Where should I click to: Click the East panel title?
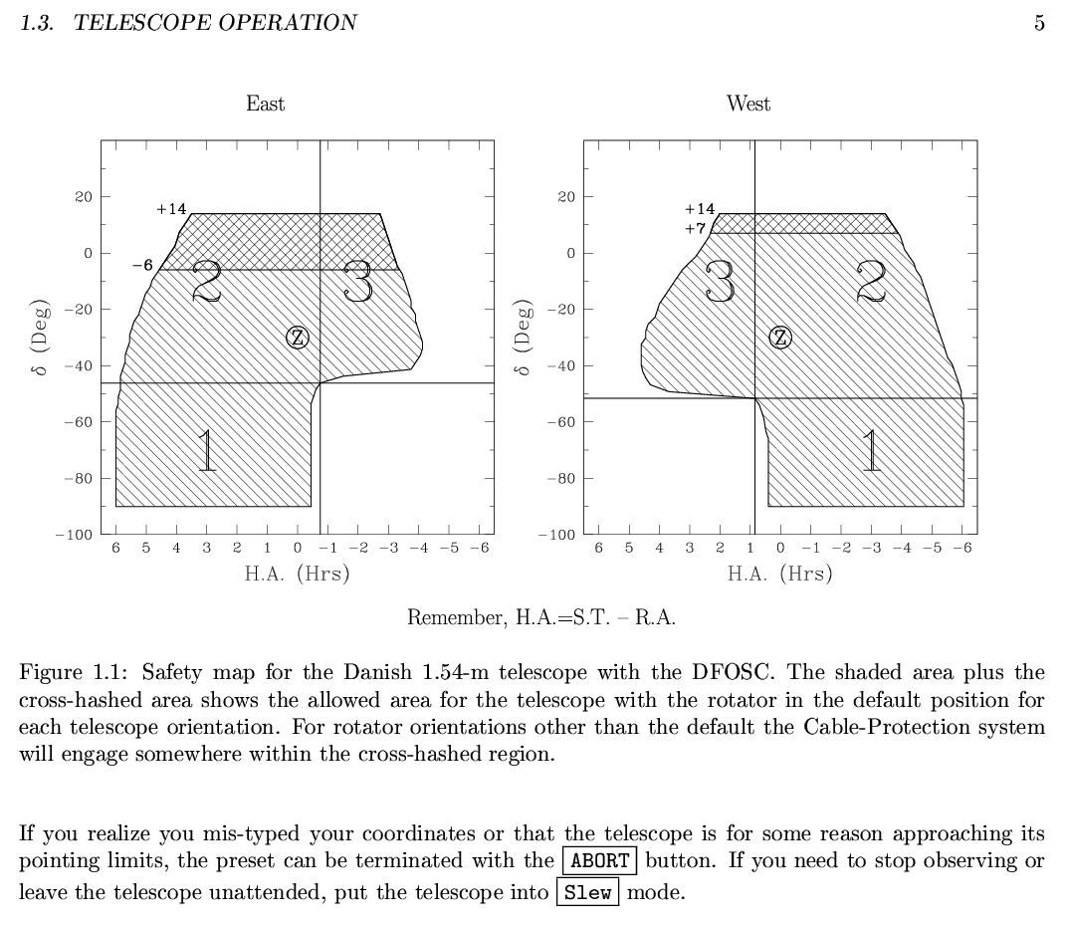pyautogui.click(x=265, y=104)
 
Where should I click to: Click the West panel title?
pyautogui.click(x=747, y=104)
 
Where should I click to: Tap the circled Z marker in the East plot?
pyautogui.click(x=297, y=338)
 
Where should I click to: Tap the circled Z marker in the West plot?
pyautogui.click(x=779, y=338)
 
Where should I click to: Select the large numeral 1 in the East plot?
pyautogui.click(x=207, y=450)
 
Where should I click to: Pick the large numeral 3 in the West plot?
pyautogui.click(x=720, y=282)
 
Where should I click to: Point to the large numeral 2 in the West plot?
pyautogui.click(x=871, y=282)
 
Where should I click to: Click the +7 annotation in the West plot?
pyautogui.click(x=695, y=228)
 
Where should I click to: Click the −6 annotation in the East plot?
pyautogui.click(x=142, y=265)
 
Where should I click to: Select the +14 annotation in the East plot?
pyautogui.click(x=171, y=209)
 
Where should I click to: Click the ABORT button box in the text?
pyautogui.click(x=599, y=860)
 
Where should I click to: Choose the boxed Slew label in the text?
pyautogui.click(x=587, y=892)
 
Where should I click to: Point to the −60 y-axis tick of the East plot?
pyautogui.click(x=78, y=422)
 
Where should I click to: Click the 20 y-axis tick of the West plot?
pyautogui.click(x=566, y=197)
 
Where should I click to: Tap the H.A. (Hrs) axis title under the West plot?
pyautogui.click(x=779, y=574)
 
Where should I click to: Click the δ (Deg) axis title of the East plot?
pyautogui.click(x=42, y=338)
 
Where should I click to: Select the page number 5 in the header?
pyautogui.click(x=1039, y=23)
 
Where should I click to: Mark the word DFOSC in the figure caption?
pyautogui.click(x=733, y=672)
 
